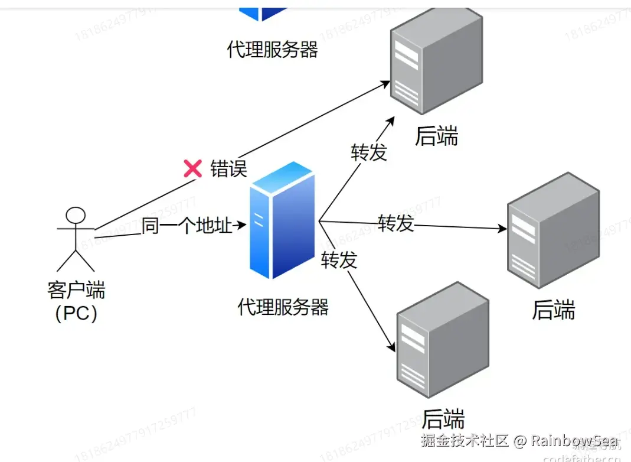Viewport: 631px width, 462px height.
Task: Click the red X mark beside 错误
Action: tap(192, 168)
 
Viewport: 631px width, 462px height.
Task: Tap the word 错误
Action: tap(228, 168)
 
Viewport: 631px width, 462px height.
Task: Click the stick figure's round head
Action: tap(75, 215)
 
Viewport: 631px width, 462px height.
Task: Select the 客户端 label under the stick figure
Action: tap(76, 290)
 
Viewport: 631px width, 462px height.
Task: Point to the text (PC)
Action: tap(76, 313)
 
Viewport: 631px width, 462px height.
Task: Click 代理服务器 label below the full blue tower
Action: tap(283, 307)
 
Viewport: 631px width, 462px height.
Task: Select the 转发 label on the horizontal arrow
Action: tap(395, 223)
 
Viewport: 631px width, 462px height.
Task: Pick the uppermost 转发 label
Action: tap(369, 152)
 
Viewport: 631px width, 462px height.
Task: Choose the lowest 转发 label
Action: tap(339, 259)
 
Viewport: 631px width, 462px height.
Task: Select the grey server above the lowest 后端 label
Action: tap(443, 341)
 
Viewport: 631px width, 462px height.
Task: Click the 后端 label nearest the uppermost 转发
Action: tap(437, 136)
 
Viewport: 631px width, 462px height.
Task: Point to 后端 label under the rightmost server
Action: tap(553, 310)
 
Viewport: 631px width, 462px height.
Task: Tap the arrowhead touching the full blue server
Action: tap(241, 225)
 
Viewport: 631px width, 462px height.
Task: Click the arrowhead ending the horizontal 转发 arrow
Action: tap(502, 229)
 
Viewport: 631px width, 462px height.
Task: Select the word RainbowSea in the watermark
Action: tap(575, 440)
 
